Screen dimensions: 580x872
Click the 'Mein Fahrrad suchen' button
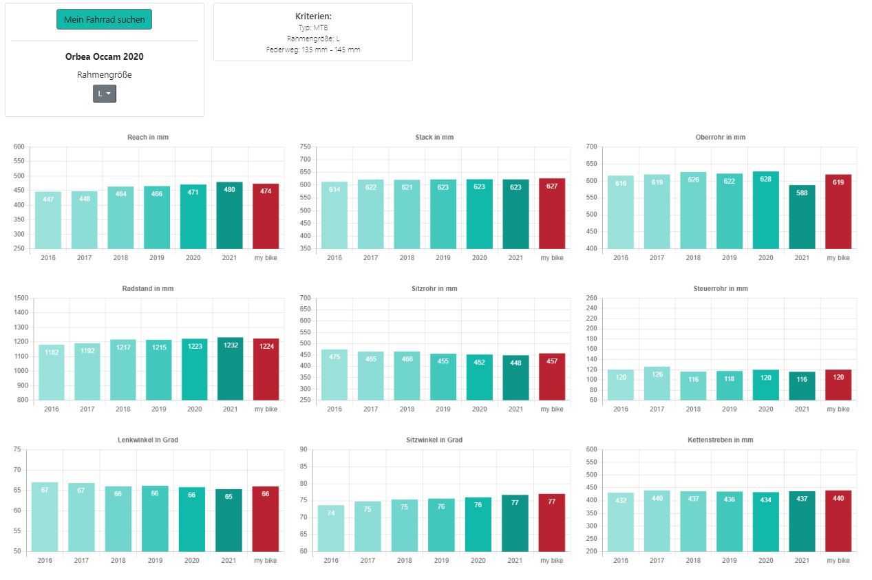pos(104,19)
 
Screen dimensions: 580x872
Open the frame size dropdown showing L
pos(105,94)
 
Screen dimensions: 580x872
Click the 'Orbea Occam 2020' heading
pos(105,56)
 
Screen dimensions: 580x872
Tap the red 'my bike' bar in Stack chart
pos(552,214)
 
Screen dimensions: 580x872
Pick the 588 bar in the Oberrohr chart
pos(802,217)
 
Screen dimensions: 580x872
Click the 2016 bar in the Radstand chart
pos(51,372)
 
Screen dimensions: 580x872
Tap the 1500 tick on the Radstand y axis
pos(21,298)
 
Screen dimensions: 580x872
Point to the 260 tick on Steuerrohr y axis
pos(591,298)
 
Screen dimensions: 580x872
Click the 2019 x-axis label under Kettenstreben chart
pos(729,561)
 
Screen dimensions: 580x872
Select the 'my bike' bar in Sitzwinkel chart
pos(552,523)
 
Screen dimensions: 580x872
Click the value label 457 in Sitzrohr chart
pos(552,361)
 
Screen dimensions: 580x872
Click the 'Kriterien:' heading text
pos(313,16)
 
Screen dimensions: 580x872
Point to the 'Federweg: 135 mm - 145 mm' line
pos(313,50)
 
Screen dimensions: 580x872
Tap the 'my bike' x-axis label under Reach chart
pos(266,258)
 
